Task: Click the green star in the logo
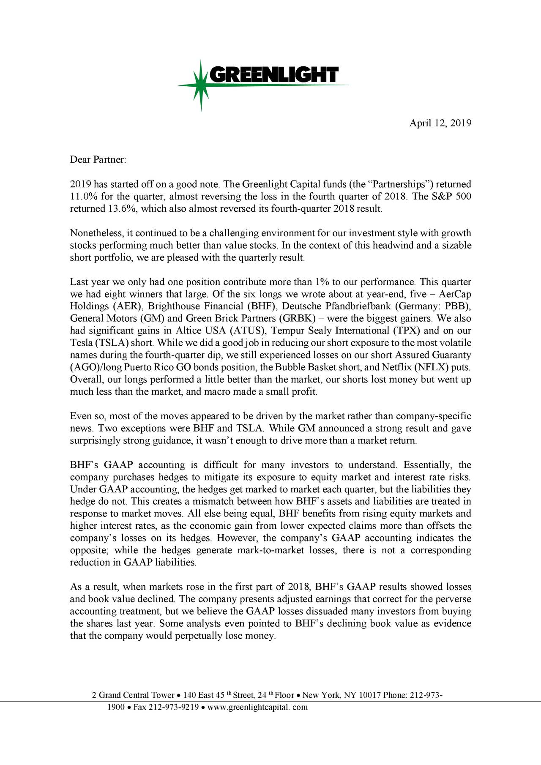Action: [x=201, y=85]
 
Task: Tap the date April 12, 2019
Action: [x=440, y=123]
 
